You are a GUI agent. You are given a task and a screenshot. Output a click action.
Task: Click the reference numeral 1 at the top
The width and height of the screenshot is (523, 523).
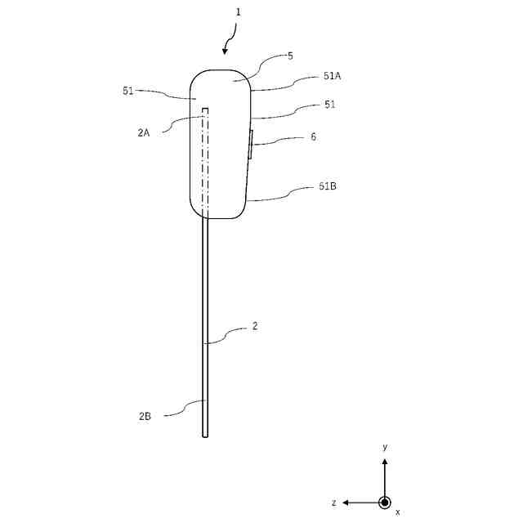tap(238, 13)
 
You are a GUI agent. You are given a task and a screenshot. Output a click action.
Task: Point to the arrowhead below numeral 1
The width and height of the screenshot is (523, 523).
tap(226, 51)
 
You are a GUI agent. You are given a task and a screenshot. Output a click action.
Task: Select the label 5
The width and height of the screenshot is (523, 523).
tap(290, 56)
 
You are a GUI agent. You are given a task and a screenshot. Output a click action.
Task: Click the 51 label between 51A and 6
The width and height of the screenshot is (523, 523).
tap(329, 105)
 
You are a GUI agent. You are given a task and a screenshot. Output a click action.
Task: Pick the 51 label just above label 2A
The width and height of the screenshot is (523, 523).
tap(128, 92)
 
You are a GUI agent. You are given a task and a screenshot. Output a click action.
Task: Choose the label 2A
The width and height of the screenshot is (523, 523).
tap(144, 132)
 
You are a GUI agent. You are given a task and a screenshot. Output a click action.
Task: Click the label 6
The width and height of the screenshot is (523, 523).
tap(313, 137)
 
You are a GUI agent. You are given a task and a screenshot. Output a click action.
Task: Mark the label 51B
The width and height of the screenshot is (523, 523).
tap(327, 186)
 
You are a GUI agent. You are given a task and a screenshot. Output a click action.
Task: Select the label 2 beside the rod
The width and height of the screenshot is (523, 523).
tap(255, 325)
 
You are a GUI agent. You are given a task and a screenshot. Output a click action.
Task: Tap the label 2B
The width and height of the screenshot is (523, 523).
tap(145, 417)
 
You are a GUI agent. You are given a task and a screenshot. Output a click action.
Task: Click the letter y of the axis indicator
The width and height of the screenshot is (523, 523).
tap(385, 447)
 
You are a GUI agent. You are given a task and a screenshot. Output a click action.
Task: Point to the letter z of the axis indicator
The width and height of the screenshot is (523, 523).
tap(333, 503)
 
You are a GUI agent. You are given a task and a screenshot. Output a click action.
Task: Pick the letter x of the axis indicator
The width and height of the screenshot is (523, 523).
tap(398, 512)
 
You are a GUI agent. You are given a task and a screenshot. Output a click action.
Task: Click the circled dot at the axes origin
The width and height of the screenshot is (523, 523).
tap(385, 502)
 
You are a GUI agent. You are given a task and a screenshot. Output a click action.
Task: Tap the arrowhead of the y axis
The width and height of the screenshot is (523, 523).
tap(385, 461)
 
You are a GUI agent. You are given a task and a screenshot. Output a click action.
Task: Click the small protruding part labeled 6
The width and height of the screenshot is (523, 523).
tap(251, 145)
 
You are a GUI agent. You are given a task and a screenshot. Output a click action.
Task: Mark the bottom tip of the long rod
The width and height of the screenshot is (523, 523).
tap(205, 436)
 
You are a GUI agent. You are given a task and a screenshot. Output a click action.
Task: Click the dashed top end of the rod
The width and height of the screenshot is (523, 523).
tap(205, 109)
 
